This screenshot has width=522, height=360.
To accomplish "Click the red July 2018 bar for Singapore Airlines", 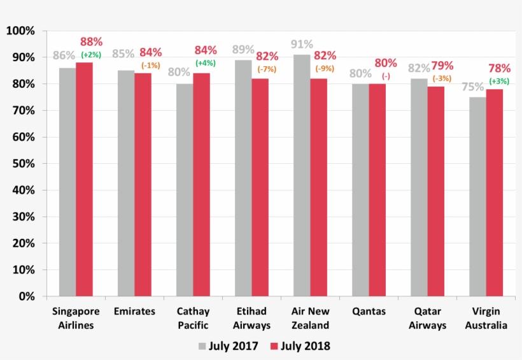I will (x=84, y=179).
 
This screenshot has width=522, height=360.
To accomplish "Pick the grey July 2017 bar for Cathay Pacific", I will (x=185, y=190).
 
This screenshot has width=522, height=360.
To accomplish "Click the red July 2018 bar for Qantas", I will (x=377, y=190).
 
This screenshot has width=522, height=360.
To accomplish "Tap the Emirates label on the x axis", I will (x=134, y=312).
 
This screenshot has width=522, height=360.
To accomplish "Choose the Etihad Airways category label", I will (x=252, y=319).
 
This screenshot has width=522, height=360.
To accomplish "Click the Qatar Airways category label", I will (x=428, y=319).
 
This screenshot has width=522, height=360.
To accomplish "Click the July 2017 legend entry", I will (x=229, y=346).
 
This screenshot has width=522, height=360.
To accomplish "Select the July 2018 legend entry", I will (x=300, y=346).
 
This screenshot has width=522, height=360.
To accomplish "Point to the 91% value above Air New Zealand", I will (x=302, y=45).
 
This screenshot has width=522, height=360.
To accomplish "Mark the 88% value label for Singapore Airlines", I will (x=92, y=42).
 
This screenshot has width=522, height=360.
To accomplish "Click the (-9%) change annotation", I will (x=325, y=68).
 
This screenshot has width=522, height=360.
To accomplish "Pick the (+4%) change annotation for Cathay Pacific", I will (x=205, y=63).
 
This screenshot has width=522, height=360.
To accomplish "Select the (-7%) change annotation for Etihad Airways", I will (x=266, y=68).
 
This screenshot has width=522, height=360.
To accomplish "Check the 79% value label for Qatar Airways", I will (x=442, y=66).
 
